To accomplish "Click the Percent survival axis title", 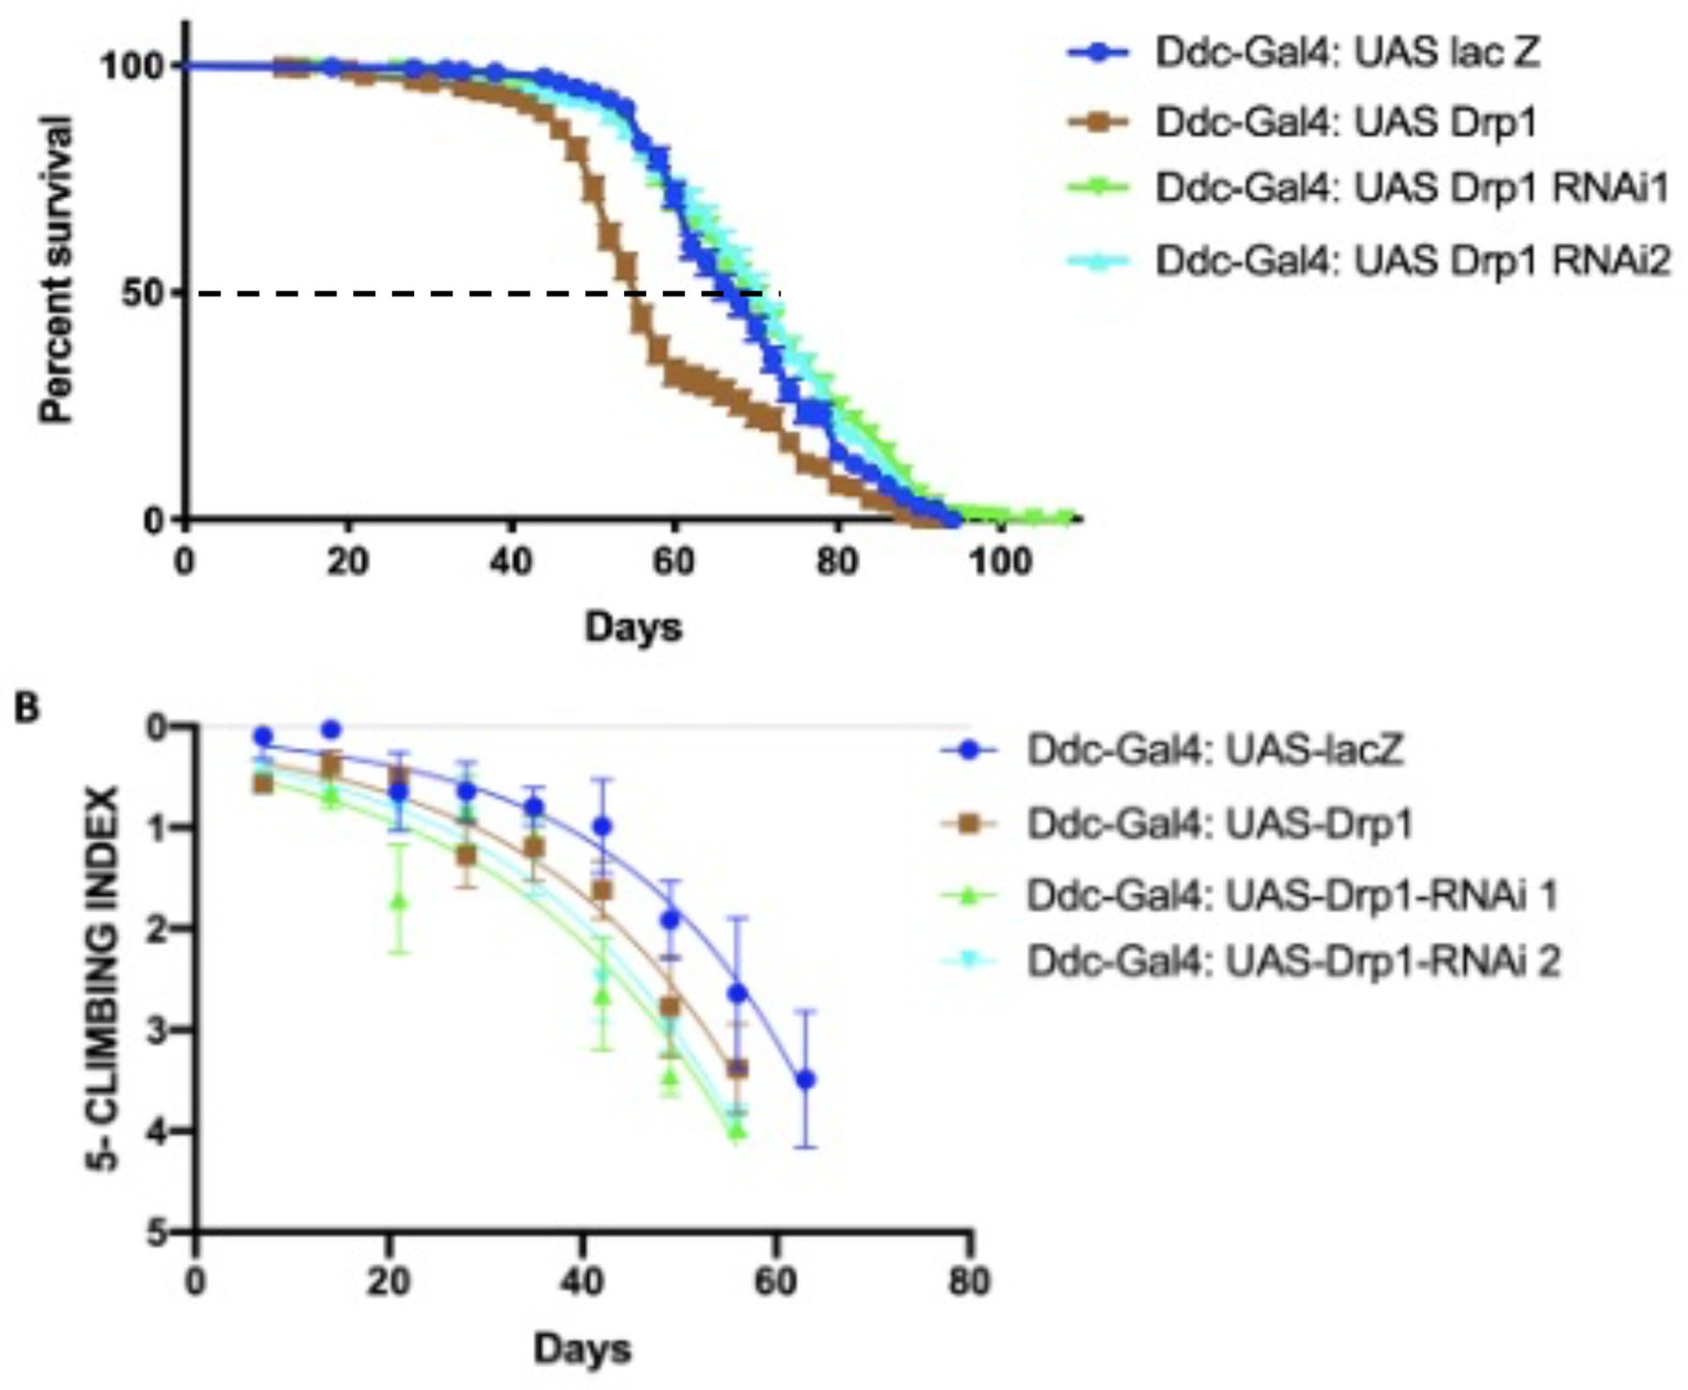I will coord(58,268).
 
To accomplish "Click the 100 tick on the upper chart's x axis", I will coord(1000,562).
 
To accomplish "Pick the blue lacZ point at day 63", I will coord(806,1079).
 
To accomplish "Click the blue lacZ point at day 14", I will coord(331,729).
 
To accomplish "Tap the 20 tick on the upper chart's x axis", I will coord(348,562).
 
